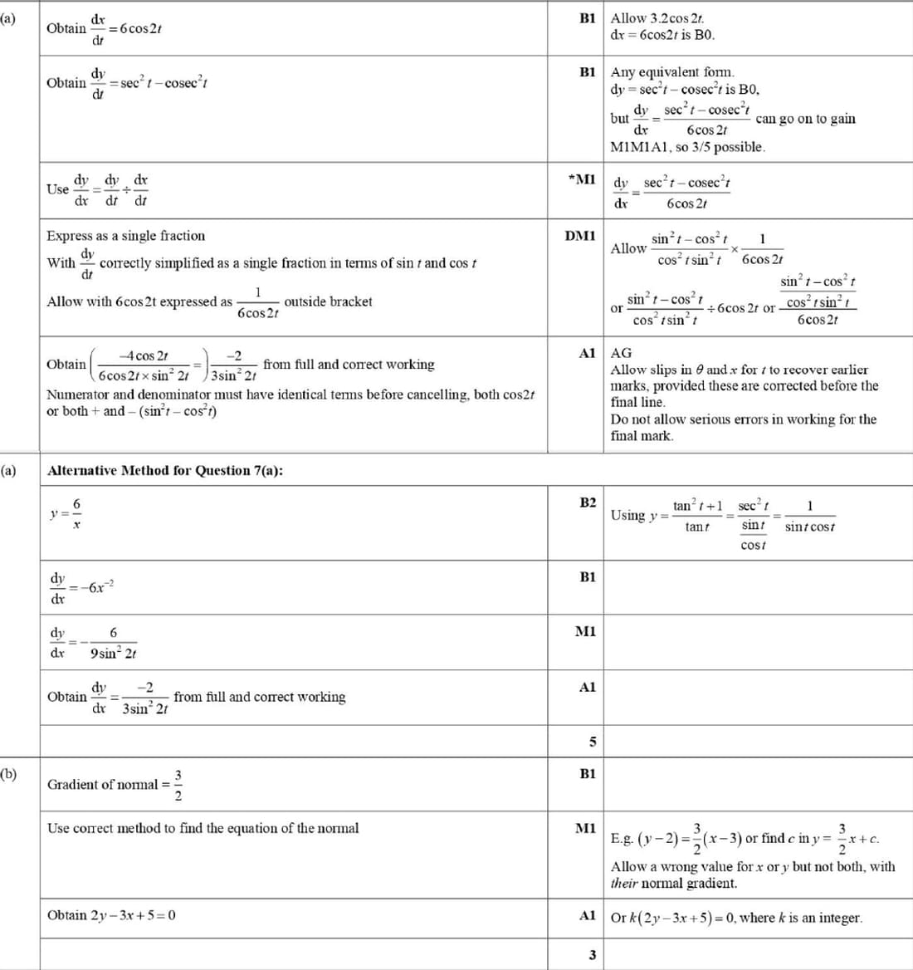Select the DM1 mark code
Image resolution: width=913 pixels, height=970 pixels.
click(x=580, y=236)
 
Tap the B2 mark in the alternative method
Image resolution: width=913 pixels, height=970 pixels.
click(x=588, y=502)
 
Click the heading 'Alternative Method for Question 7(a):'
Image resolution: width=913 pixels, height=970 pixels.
click(x=165, y=470)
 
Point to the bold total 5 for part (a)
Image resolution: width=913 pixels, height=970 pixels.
click(x=592, y=742)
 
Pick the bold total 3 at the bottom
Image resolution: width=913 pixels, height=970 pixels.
click(x=592, y=955)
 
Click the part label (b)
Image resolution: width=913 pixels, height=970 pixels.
click(x=8, y=773)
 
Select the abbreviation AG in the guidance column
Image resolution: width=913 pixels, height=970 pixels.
click(x=621, y=353)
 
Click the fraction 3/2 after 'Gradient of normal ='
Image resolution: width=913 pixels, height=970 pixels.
click(x=178, y=784)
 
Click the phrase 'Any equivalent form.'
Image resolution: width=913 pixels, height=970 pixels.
click(x=672, y=72)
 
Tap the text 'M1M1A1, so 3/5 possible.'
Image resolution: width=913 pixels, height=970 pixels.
click(x=687, y=147)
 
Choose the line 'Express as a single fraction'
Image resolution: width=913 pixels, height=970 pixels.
click(x=125, y=236)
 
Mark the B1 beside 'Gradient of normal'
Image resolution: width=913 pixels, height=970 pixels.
click(x=588, y=773)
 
